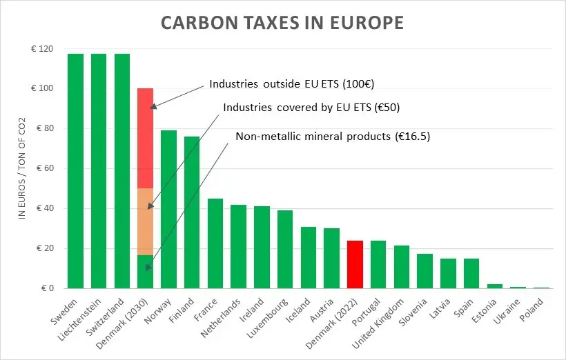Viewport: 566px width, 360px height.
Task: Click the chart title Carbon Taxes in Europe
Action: coord(282,23)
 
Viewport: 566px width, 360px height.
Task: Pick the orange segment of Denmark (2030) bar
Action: coord(145,221)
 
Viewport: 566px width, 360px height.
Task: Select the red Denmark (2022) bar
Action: coord(355,265)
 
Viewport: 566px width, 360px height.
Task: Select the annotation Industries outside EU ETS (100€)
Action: coord(295,85)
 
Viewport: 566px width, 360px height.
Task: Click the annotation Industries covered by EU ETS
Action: coord(311,108)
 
